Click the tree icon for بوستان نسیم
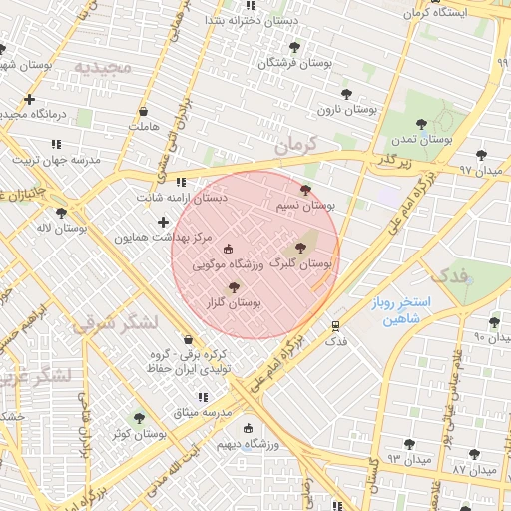(x=305, y=189)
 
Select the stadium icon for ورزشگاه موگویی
(x=228, y=249)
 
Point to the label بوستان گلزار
(x=237, y=302)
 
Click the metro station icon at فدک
(x=336, y=326)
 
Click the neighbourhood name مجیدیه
(x=103, y=67)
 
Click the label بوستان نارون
(x=346, y=109)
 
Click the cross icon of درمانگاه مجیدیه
(x=29, y=99)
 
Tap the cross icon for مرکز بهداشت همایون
(x=163, y=221)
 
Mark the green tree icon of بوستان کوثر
(x=139, y=418)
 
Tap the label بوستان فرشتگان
(x=294, y=62)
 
